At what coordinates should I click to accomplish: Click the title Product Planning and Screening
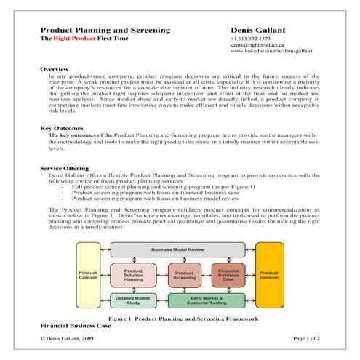tap(105, 30)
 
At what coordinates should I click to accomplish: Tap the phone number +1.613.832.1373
tap(250, 39)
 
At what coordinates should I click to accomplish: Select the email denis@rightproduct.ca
tap(256, 46)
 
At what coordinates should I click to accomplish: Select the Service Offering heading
tap(68, 168)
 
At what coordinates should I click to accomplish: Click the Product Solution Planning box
tap(132, 276)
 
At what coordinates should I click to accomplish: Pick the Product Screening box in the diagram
tap(184, 276)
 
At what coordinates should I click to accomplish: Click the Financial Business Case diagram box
tap(228, 276)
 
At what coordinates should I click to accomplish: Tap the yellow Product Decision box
tap(268, 276)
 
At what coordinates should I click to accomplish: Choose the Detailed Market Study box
tap(132, 300)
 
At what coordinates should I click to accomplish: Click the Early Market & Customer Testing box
tap(207, 300)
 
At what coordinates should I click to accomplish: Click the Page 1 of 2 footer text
tap(305, 339)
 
